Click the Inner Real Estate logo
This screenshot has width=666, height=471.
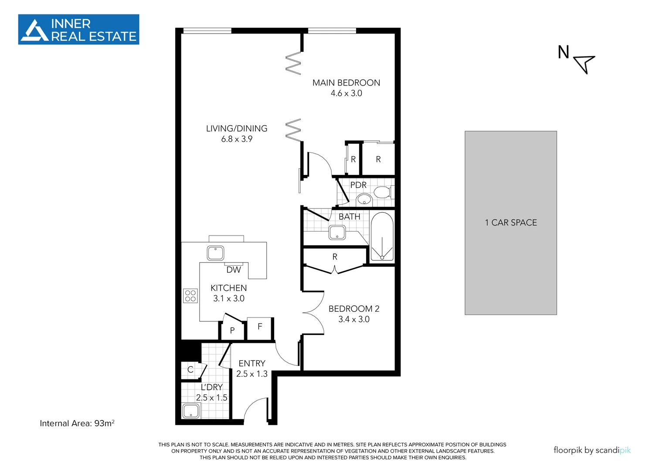coord(78,30)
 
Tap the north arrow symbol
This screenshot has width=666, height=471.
coord(584,63)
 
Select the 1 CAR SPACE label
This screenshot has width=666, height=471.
coord(511,223)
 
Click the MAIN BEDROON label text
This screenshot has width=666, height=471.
coord(346,83)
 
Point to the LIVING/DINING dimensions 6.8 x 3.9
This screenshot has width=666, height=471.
coord(237,139)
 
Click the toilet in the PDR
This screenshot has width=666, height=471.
coord(383,192)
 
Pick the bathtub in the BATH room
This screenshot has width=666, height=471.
coord(382,237)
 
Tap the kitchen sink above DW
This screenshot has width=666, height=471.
coord(215,253)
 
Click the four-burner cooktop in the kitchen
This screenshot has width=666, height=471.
coord(190,296)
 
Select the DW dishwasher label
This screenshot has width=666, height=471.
coord(234,270)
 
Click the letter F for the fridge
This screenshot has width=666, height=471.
coord(260,326)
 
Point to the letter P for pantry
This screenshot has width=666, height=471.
coord(232,331)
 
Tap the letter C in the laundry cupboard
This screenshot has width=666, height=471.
coord(190,370)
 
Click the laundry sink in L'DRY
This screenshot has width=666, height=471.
coord(191,411)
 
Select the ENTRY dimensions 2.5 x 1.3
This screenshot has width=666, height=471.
coord(252,374)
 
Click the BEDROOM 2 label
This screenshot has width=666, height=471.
coord(354,309)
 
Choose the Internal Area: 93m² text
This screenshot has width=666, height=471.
coord(77,423)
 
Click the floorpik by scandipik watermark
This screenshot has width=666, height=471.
coord(592,451)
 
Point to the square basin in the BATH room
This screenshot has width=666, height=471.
coord(337,232)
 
